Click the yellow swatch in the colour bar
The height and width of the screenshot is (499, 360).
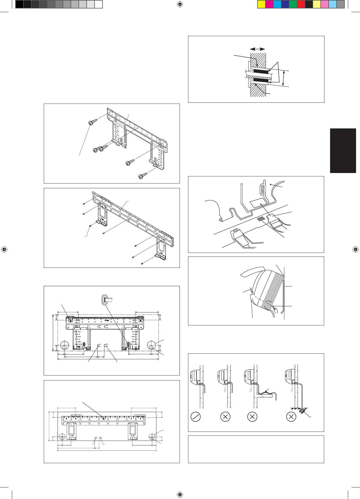(x=261, y=4)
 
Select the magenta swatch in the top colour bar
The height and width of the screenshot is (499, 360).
(x=269, y=4)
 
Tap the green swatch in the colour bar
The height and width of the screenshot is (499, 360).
(x=293, y=4)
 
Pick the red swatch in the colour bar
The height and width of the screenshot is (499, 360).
(x=301, y=4)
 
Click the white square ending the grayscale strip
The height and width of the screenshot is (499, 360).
(x=98, y=4)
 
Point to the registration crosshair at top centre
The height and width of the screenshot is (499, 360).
(x=180, y=4)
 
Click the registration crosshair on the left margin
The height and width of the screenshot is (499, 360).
(x=4, y=249)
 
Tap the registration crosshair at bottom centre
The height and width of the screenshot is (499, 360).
(x=180, y=494)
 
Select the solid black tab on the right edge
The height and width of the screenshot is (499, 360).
(x=343, y=151)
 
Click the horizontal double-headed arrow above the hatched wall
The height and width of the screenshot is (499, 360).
(x=258, y=49)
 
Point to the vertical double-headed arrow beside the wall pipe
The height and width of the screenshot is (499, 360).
(x=284, y=78)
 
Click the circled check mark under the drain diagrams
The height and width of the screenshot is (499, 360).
(x=196, y=417)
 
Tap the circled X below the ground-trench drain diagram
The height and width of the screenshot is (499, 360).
(x=291, y=417)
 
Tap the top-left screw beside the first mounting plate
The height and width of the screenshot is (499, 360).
(x=93, y=122)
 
